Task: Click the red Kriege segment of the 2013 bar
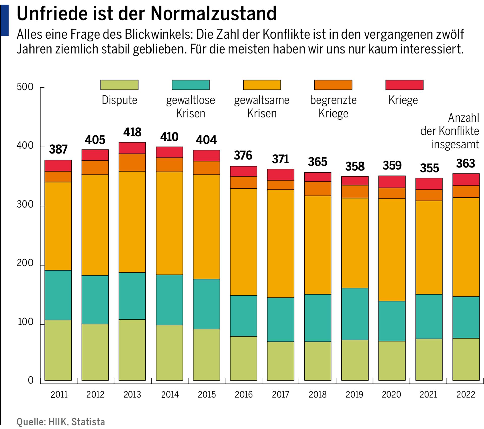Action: [x=132, y=148]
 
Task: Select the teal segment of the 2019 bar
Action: [x=355, y=314]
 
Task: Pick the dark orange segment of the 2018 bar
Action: [x=318, y=189]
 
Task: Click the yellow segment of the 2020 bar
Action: [x=392, y=250]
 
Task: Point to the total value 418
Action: [x=132, y=132]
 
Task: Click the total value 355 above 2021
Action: [x=429, y=168]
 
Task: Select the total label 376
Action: [x=243, y=155]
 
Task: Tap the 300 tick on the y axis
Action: [x=25, y=204]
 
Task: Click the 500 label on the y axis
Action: [x=25, y=87]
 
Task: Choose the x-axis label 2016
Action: [x=244, y=394]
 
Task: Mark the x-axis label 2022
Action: [x=465, y=394]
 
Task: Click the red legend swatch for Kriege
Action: [x=404, y=85]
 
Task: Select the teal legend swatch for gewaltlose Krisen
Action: [x=191, y=85]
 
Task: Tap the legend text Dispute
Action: [x=119, y=100]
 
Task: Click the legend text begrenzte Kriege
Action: [x=333, y=107]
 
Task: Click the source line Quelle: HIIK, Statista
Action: [x=60, y=422]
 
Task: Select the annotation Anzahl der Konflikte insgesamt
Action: [x=450, y=131]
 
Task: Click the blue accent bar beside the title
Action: [x=4, y=20]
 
